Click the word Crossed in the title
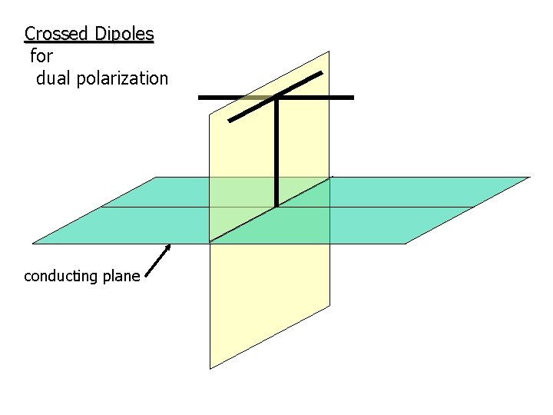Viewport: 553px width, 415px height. (x=56, y=34)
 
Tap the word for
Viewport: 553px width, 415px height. (x=41, y=56)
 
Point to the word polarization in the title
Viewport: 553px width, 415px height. (x=124, y=78)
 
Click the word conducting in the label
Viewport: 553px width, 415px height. (x=62, y=276)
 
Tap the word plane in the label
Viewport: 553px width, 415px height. (x=121, y=276)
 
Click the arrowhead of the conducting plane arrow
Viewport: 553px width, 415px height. (x=168, y=247)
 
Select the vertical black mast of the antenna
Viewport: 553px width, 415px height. (x=276, y=154)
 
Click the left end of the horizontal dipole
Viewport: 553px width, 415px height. (x=200, y=98)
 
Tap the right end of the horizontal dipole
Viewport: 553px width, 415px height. (x=352, y=98)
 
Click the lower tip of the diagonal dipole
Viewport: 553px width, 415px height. (x=230, y=121)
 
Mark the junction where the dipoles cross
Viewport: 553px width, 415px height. (x=276, y=98)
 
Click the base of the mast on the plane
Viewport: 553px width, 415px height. (x=276, y=206)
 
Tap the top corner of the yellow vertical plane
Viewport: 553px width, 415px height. (x=329, y=51)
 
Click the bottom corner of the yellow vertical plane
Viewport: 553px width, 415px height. (x=210, y=368)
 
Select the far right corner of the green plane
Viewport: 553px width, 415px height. (x=529, y=178)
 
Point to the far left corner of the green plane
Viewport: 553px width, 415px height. (x=32, y=244)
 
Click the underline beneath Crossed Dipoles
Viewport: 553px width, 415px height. (x=89, y=42)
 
